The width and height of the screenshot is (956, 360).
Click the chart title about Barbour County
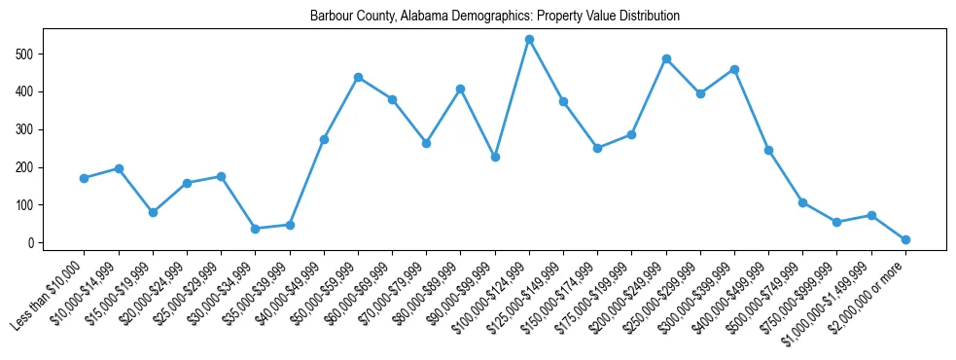pos(494,17)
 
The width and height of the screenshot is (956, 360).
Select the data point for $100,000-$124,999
pos(529,40)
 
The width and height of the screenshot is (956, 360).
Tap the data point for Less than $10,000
pos(85,178)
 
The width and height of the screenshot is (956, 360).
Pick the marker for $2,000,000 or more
pos(905,239)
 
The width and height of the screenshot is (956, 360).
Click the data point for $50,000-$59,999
pos(358,77)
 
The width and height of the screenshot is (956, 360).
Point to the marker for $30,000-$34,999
pos(255,229)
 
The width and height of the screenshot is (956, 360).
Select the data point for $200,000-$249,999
pos(666,58)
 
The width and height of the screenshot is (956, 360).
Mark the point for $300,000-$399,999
pos(734,69)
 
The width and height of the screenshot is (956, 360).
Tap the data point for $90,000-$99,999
pos(495,157)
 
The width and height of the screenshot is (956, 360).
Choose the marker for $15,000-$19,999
pos(153,212)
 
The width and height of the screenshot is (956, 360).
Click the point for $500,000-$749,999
pos(802,202)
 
